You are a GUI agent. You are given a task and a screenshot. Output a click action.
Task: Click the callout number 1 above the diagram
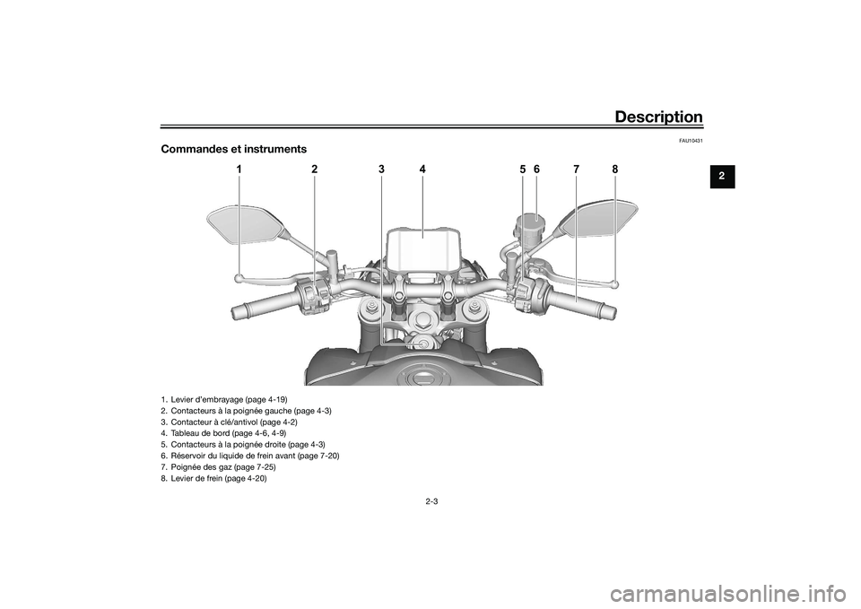[x=239, y=170]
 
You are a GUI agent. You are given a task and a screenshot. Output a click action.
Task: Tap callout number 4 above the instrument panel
[x=422, y=170]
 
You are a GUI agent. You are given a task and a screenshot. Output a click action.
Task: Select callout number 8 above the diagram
[x=615, y=170]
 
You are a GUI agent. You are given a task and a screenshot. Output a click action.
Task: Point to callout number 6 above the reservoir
[x=536, y=170]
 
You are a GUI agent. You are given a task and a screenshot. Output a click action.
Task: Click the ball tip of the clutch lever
[x=239, y=278]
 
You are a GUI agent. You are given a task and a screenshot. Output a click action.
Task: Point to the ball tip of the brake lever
[x=614, y=284]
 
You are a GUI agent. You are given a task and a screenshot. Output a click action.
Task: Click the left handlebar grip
[x=264, y=305]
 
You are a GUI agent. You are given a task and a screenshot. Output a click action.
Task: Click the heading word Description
[x=658, y=117]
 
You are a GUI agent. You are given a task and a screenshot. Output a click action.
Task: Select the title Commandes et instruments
[x=234, y=149]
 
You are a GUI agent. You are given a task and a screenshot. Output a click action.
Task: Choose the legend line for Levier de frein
[x=214, y=479]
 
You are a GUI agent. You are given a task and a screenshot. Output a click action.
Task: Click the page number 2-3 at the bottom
[x=430, y=500]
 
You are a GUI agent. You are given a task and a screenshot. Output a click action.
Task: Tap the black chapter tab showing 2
[x=722, y=177]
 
